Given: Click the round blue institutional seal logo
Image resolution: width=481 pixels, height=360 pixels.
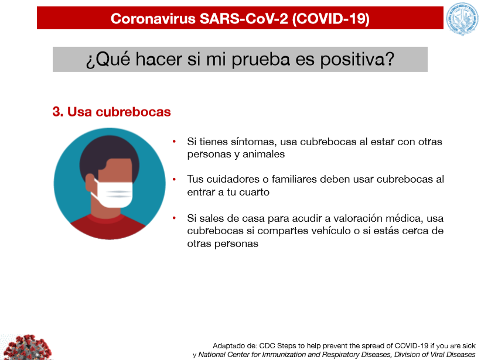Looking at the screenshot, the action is coord(462,19).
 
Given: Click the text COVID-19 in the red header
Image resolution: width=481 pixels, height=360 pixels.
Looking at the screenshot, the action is coord(330,19).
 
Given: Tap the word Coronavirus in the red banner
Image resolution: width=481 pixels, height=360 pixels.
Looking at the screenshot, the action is coord(153,19).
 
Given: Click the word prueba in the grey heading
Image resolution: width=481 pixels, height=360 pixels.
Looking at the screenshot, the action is coord(261,59).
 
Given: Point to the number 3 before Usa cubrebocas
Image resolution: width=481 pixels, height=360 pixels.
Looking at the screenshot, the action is coord(56,112).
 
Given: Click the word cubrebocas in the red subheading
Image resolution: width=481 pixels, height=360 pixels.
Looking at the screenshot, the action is coord(133,112).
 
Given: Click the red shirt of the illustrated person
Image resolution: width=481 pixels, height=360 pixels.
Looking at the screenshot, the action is coord(108,227).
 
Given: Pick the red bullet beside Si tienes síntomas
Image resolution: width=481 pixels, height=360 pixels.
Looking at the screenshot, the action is coord(174,142).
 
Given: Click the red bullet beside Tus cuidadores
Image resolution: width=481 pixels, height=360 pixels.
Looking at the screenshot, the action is coord(174,179).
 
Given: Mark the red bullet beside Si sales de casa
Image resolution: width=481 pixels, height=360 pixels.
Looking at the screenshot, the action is coord(174,218).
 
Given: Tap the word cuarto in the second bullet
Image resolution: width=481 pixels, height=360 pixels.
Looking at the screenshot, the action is coord(254,192).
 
